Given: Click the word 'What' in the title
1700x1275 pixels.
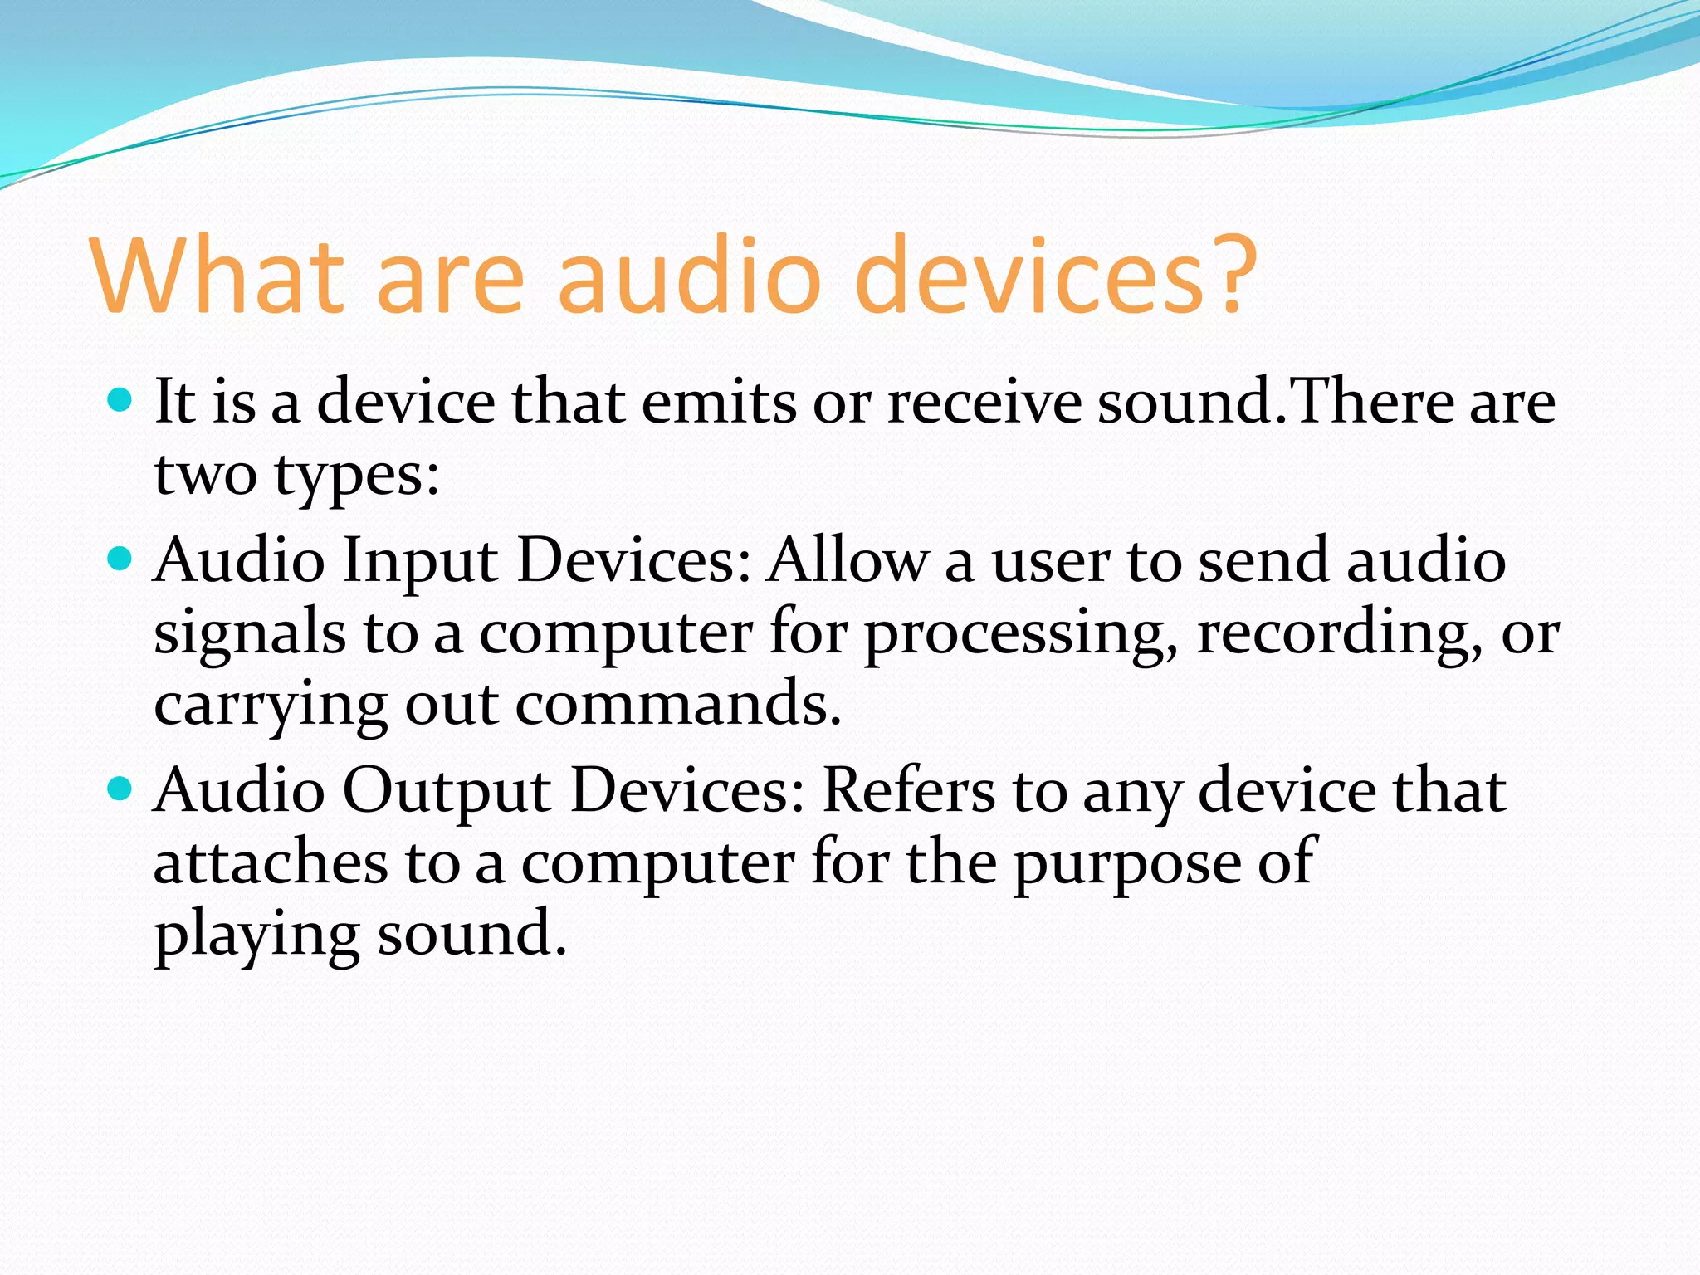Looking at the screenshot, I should point(217,276).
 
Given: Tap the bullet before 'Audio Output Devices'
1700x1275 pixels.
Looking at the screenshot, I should point(121,789).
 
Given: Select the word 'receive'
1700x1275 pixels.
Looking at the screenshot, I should point(984,402).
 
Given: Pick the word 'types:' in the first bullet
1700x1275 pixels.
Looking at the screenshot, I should point(356,476).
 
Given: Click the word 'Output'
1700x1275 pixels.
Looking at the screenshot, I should point(447,790).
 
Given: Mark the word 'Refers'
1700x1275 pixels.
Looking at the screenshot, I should point(908,789).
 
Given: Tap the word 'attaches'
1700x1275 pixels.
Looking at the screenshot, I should point(271,862).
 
